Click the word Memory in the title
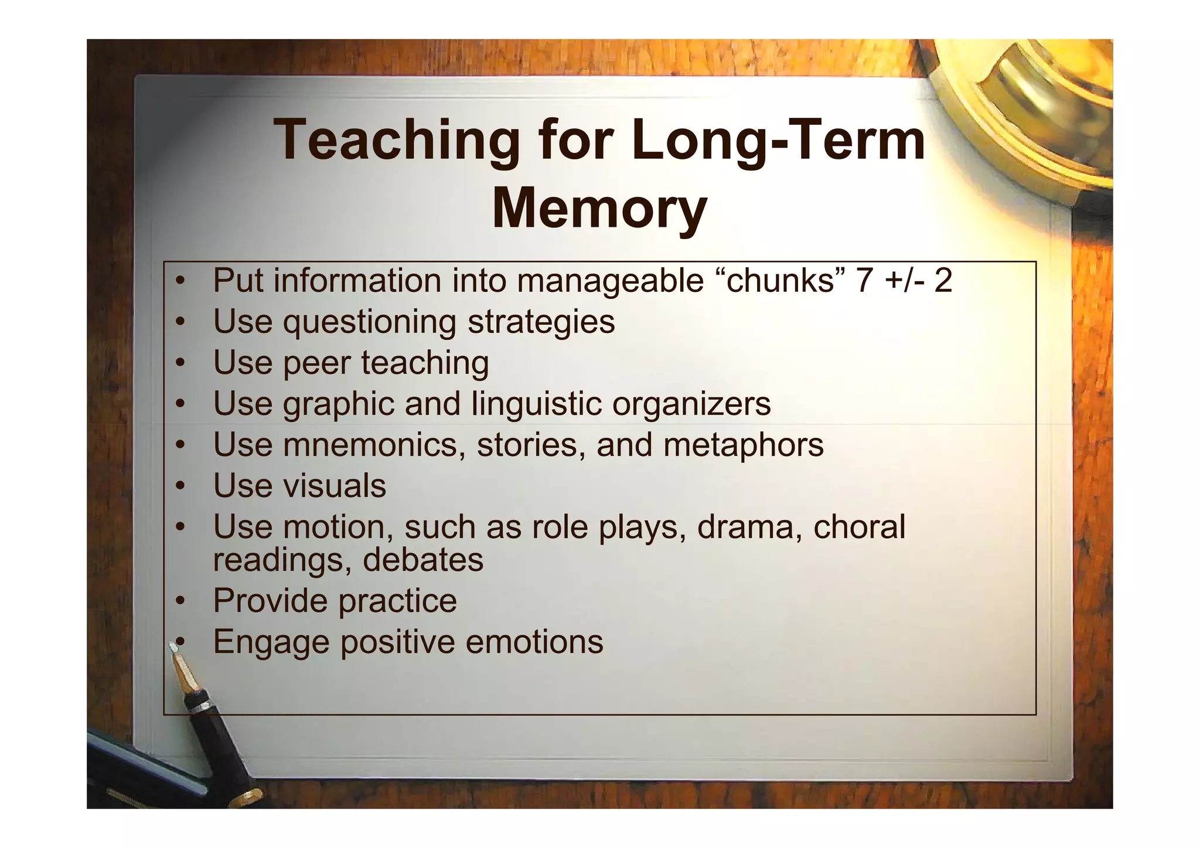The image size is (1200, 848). (599, 209)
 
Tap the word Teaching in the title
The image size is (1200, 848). (397, 140)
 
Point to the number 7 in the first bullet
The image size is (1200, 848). (864, 280)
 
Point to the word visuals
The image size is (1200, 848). (335, 486)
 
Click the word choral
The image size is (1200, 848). (859, 526)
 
